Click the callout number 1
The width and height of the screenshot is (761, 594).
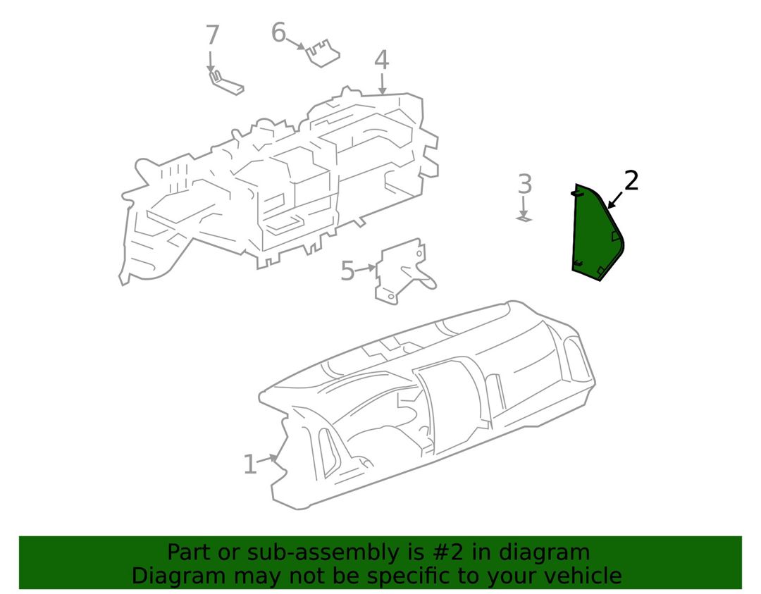click(249, 464)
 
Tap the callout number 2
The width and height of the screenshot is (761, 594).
click(631, 180)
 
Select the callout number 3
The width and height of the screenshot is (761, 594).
click(525, 184)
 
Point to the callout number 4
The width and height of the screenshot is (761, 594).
click(382, 60)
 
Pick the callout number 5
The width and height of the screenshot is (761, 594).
click(348, 271)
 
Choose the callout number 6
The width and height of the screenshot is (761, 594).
click(278, 32)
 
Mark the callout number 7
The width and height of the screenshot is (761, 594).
click(213, 35)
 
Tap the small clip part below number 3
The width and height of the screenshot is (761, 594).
click(524, 219)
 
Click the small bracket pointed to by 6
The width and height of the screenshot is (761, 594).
click(321, 52)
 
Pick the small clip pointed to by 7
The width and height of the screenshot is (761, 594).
click(225, 83)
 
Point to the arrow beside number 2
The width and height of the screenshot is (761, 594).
click(615, 200)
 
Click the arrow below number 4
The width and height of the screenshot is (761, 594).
click(383, 83)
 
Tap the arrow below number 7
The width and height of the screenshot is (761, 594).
click(211, 61)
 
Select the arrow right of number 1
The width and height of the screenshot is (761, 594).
click(268, 458)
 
